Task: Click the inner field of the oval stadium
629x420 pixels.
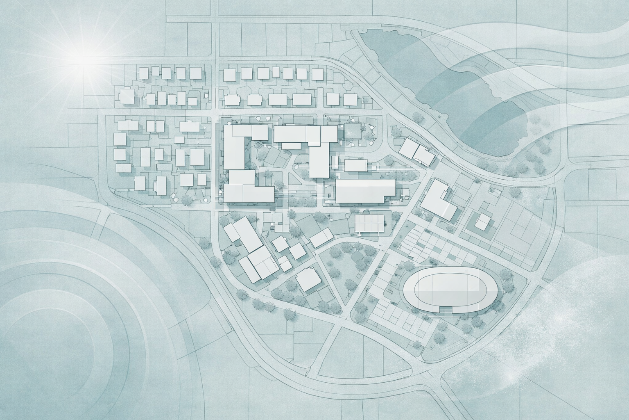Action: (x=450, y=287)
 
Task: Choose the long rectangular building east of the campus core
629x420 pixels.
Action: (x=365, y=191)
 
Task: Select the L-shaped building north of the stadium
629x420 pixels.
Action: (x=439, y=201)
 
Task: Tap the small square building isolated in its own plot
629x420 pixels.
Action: (x=483, y=222)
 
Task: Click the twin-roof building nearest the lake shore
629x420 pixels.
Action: (x=416, y=151)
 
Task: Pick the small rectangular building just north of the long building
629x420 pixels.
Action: (x=355, y=165)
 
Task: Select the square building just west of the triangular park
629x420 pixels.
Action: (x=309, y=280)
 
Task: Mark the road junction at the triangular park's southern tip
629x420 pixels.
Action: (x=343, y=319)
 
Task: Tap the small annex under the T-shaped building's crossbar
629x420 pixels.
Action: (x=291, y=146)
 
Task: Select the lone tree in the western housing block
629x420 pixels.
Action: (x=188, y=200)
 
